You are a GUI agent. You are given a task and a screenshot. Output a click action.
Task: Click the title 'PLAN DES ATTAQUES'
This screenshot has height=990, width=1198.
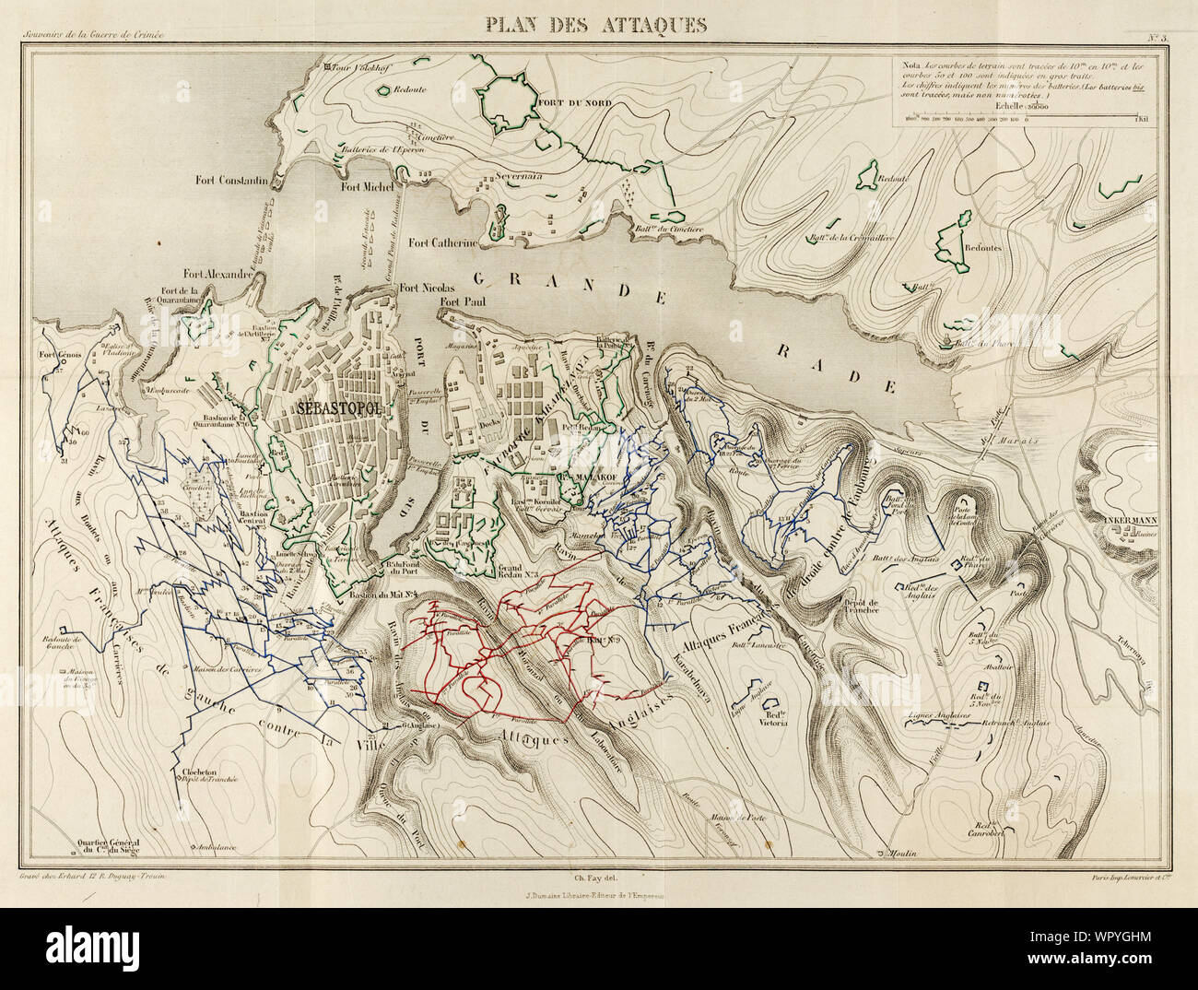pyautogui.click(x=598, y=25)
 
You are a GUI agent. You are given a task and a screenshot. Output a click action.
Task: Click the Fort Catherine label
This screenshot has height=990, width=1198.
pyautogui.click(x=443, y=243)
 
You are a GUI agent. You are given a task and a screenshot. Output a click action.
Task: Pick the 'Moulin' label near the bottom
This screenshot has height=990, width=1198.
pyautogui.click(x=907, y=854)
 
